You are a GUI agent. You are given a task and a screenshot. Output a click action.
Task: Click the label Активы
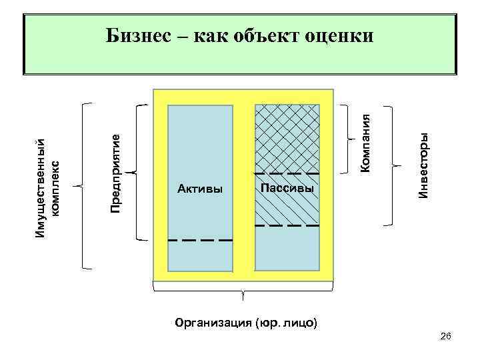pos(200,189)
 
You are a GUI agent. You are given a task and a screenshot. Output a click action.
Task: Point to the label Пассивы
pos(287,189)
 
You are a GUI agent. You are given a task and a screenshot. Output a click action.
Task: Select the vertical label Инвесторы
pos(423,164)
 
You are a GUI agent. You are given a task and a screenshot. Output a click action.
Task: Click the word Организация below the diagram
pos(212,323)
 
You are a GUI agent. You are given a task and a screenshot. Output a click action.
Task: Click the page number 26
pos(446,339)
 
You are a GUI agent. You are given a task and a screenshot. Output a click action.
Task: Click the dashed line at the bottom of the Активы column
pos(200,239)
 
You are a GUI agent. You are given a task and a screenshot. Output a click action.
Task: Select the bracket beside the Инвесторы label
pos(393,165)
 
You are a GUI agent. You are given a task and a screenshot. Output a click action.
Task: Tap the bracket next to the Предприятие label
pos(137,171)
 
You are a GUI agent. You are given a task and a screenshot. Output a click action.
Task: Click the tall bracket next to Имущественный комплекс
pos(83,185)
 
